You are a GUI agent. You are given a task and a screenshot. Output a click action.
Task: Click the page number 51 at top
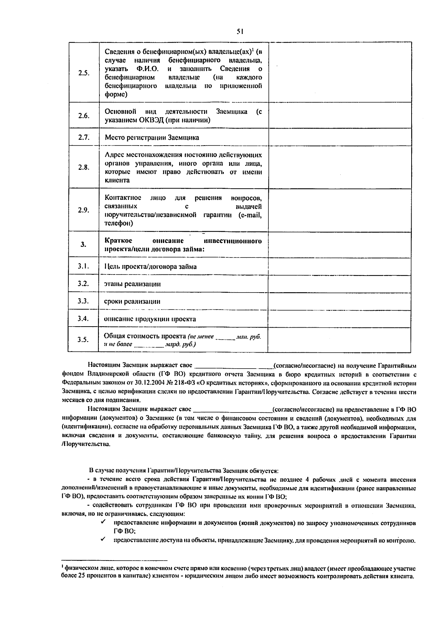[x=240, y=32]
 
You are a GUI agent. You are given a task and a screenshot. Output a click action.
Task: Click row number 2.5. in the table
[x=84, y=73]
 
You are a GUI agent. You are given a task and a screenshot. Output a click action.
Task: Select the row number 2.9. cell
[x=84, y=210]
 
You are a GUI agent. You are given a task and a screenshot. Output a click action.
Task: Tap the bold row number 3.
[x=84, y=245]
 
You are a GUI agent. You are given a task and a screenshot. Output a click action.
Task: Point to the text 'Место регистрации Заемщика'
[x=152, y=138]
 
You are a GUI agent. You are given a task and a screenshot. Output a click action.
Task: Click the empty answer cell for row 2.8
[x=340, y=167]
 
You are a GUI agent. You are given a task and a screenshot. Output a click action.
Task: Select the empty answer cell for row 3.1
[x=340, y=267]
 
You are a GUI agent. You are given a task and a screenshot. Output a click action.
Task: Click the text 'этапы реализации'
[x=132, y=284]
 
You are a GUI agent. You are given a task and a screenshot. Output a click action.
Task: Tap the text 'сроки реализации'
[x=132, y=301]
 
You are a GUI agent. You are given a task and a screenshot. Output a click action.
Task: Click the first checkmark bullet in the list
[x=103, y=523]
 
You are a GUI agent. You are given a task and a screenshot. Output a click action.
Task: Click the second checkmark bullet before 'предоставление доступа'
[x=103, y=540]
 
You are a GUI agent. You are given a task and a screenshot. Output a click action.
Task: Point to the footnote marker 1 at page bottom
[x=63, y=567]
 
